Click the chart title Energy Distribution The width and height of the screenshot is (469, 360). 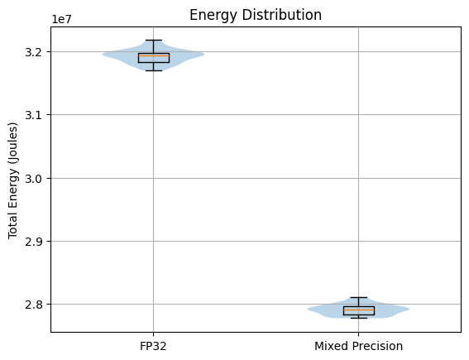pyautogui.click(x=256, y=15)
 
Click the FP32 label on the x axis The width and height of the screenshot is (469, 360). pyautogui.click(x=153, y=346)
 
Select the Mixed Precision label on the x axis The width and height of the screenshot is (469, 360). pyautogui.click(x=358, y=346)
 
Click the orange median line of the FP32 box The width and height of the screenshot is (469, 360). pyautogui.click(x=153, y=55)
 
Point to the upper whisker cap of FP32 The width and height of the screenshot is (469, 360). pyautogui.click(x=153, y=40)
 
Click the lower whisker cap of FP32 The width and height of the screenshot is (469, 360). pyautogui.click(x=153, y=70)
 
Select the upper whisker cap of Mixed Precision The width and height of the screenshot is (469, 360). pyautogui.click(x=358, y=297)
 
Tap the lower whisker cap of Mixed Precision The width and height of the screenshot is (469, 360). pyautogui.click(x=358, y=318)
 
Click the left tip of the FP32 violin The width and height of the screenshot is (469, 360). pyautogui.click(x=103, y=55)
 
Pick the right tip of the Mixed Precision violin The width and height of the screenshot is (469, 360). pyautogui.click(x=408, y=310)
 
